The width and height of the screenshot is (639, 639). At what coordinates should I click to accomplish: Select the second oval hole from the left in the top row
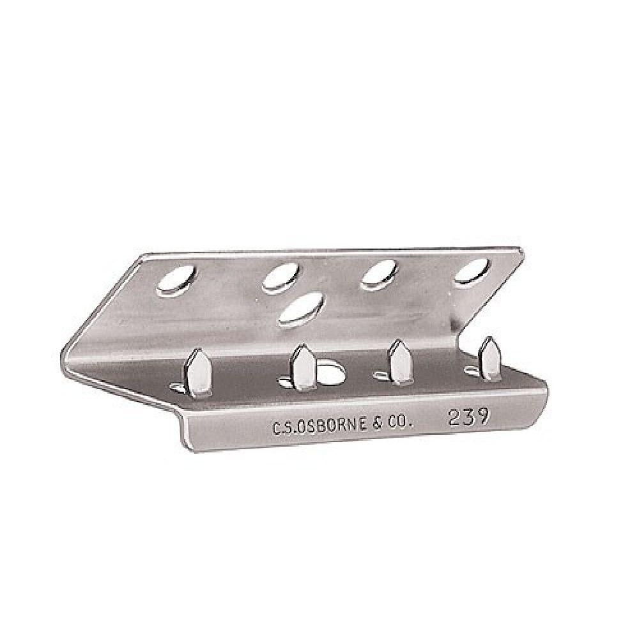281,277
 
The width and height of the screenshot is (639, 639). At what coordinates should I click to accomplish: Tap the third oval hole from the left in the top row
379,275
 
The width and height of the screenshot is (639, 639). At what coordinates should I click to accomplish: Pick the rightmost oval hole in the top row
472,270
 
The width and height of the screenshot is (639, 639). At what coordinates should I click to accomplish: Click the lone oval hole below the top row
303,309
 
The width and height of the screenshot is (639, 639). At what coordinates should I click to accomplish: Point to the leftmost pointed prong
198,372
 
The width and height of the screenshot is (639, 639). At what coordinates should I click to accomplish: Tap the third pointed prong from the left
400,362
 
